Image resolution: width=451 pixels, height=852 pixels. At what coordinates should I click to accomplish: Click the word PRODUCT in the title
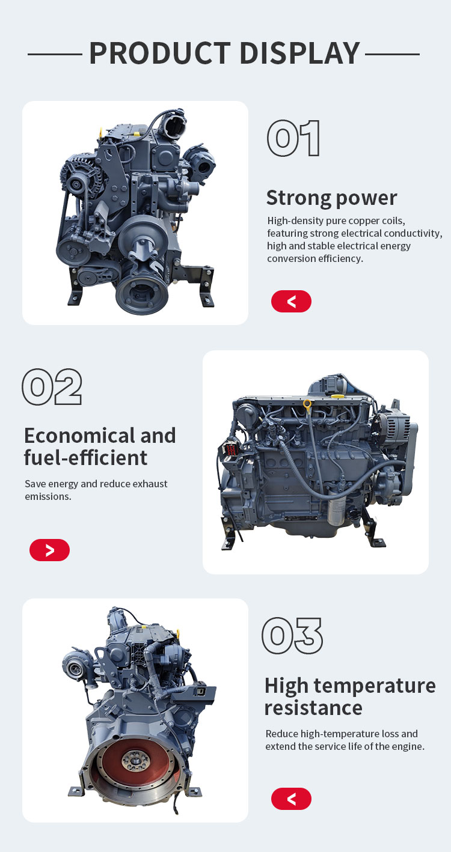click(x=160, y=53)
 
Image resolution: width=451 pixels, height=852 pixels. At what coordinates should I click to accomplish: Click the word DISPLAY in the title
click(x=300, y=53)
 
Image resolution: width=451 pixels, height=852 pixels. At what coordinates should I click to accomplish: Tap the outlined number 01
click(x=293, y=138)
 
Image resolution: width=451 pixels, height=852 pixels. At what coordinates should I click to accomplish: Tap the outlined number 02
click(x=52, y=386)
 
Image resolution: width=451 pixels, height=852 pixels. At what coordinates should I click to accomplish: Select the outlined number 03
click(x=292, y=636)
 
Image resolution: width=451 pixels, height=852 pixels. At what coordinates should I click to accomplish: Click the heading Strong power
click(x=331, y=198)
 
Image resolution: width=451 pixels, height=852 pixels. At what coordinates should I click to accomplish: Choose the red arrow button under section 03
click(x=291, y=799)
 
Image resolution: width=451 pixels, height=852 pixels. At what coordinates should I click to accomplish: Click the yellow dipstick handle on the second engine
click(x=307, y=404)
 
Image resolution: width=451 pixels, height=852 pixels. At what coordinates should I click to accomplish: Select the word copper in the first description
click(x=364, y=221)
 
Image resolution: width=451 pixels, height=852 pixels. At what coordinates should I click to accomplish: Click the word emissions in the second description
click(x=48, y=496)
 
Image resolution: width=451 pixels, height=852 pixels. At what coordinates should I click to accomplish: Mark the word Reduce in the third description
click(x=281, y=733)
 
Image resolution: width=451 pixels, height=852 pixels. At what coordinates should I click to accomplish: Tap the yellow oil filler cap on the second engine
click(x=337, y=396)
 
